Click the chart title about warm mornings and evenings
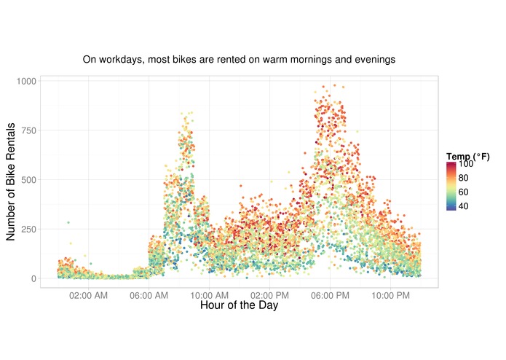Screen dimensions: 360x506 (239, 59)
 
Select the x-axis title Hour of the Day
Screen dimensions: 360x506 (239, 306)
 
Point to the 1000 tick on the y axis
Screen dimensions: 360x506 (25, 81)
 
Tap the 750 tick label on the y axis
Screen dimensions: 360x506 (28, 130)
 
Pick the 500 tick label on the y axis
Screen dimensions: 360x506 (28, 180)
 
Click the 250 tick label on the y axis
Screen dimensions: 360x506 (28, 230)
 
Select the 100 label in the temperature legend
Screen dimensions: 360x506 (466, 165)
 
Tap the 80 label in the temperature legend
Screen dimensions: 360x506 (464, 179)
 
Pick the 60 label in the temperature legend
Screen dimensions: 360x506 (464, 192)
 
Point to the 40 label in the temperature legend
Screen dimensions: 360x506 (464, 206)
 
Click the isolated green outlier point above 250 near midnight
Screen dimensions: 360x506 (68, 222)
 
